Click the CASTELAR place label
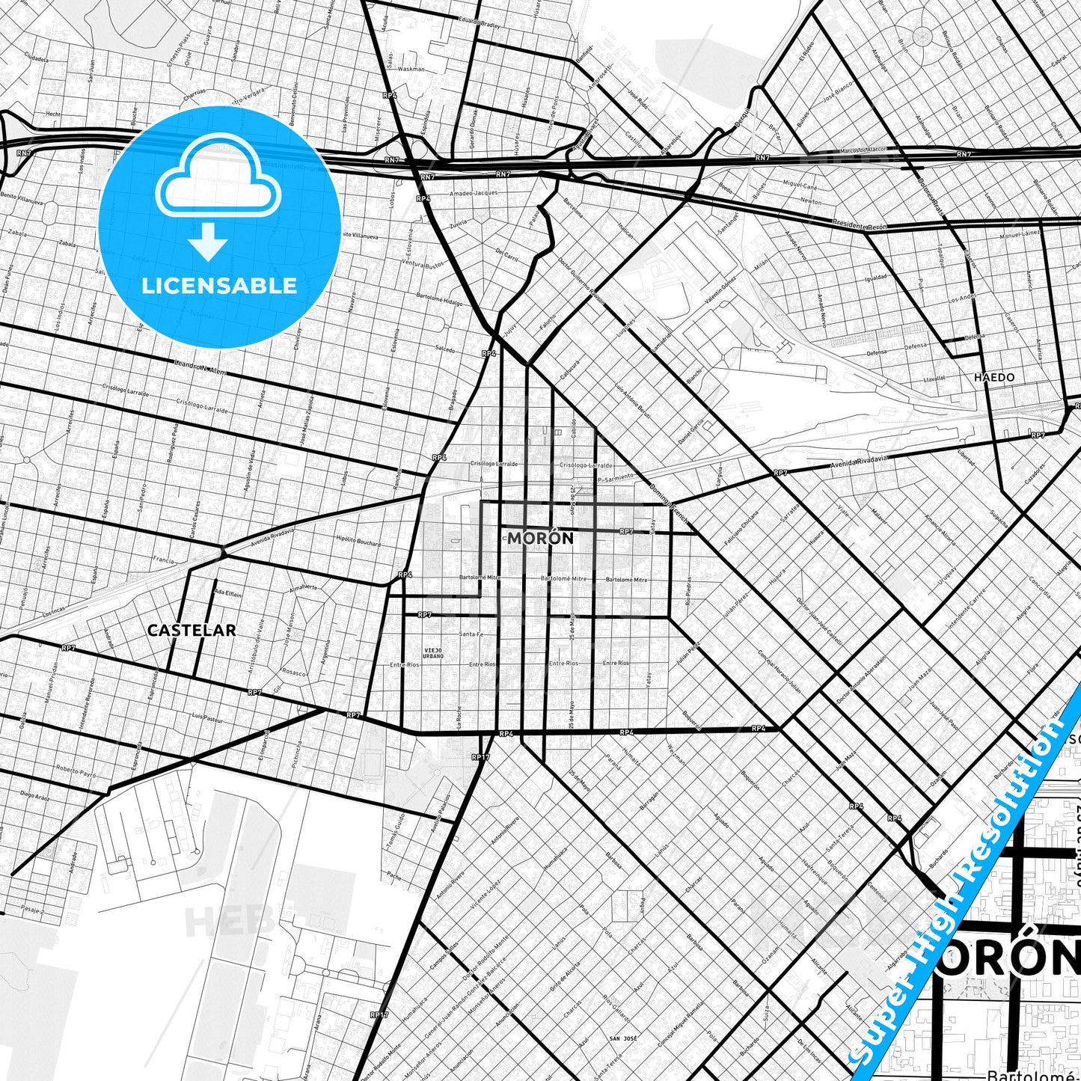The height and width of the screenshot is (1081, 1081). click(192, 630)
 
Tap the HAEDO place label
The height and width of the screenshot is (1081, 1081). click(994, 377)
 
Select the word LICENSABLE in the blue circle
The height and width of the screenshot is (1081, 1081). click(219, 285)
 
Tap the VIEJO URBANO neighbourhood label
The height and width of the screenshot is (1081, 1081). click(433, 653)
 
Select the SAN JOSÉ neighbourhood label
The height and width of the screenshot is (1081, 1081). click(622, 1038)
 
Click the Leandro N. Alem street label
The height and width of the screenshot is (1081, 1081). click(199, 367)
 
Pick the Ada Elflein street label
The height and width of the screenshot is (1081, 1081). click(228, 592)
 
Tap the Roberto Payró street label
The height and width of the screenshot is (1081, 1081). click(76, 771)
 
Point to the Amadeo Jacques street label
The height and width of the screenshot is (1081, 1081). click(473, 193)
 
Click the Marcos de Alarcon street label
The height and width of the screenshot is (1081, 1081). click(864, 150)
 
